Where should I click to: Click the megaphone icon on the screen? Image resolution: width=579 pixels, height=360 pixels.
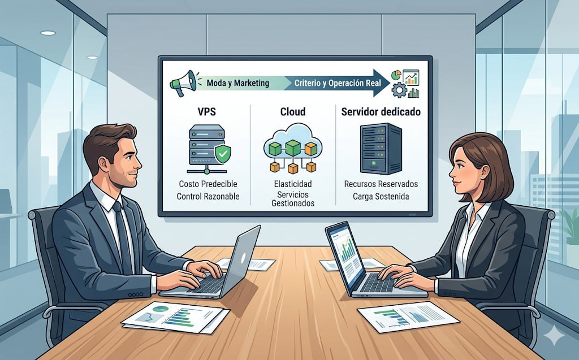184,83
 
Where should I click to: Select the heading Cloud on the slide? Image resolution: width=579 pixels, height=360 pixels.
293,112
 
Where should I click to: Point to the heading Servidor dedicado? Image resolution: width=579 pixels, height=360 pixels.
381,112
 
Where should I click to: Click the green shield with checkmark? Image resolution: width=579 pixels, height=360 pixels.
224,153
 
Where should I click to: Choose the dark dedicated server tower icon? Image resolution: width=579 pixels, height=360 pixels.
381,148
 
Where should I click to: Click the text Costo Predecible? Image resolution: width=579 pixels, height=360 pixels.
208,184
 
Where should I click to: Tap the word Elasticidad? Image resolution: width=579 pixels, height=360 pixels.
292,184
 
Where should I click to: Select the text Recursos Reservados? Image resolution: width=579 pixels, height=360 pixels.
381,184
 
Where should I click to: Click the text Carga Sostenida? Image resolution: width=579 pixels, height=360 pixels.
381,197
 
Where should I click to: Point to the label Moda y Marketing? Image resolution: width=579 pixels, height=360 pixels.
237,83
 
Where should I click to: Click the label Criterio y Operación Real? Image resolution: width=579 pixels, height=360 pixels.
338,83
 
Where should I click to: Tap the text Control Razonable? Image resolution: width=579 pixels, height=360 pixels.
208,197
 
